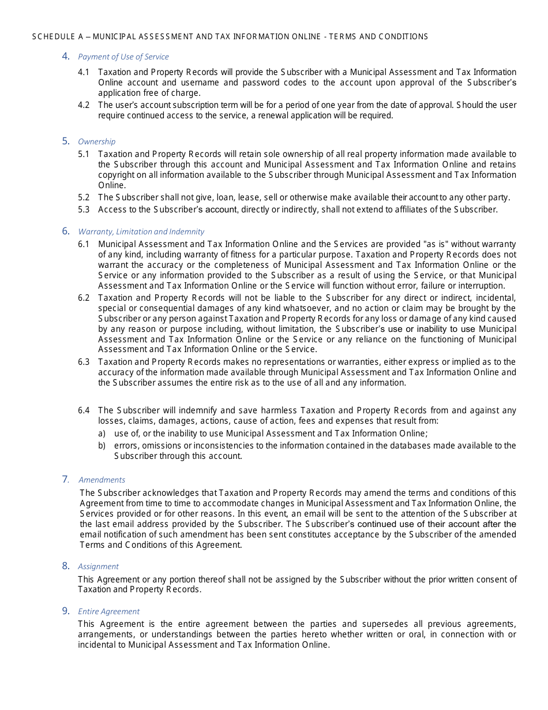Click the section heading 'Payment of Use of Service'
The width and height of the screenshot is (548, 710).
(x=123, y=57)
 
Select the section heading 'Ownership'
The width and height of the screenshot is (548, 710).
(x=96, y=141)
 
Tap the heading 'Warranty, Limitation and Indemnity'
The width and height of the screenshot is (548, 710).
(x=141, y=231)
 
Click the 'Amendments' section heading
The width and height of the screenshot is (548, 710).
(x=102, y=480)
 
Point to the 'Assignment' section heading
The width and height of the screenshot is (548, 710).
(x=98, y=566)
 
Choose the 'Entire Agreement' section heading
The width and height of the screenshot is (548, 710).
(x=108, y=611)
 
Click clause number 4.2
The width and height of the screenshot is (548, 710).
(x=84, y=105)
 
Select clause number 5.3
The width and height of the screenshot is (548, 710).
(x=84, y=210)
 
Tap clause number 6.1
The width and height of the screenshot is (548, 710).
(x=84, y=244)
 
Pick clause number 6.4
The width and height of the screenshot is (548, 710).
(x=84, y=410)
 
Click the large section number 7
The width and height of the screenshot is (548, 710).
(x=65, y=479)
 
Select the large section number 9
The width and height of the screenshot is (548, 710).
(x=66, y=611)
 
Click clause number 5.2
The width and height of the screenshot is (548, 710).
(x=84, y=197)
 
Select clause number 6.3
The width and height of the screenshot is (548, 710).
(x=84, y=362)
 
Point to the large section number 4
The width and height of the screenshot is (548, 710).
(x=66, y=56)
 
